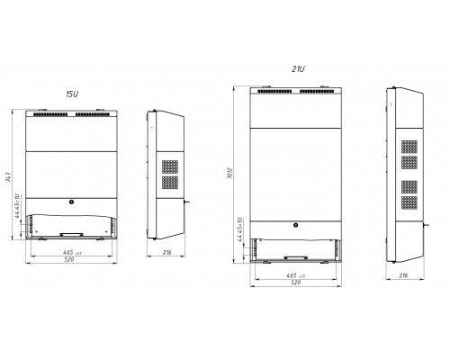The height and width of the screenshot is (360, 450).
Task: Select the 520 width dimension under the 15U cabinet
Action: point(72,261)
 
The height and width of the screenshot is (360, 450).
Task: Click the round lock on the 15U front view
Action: point(72,201)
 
